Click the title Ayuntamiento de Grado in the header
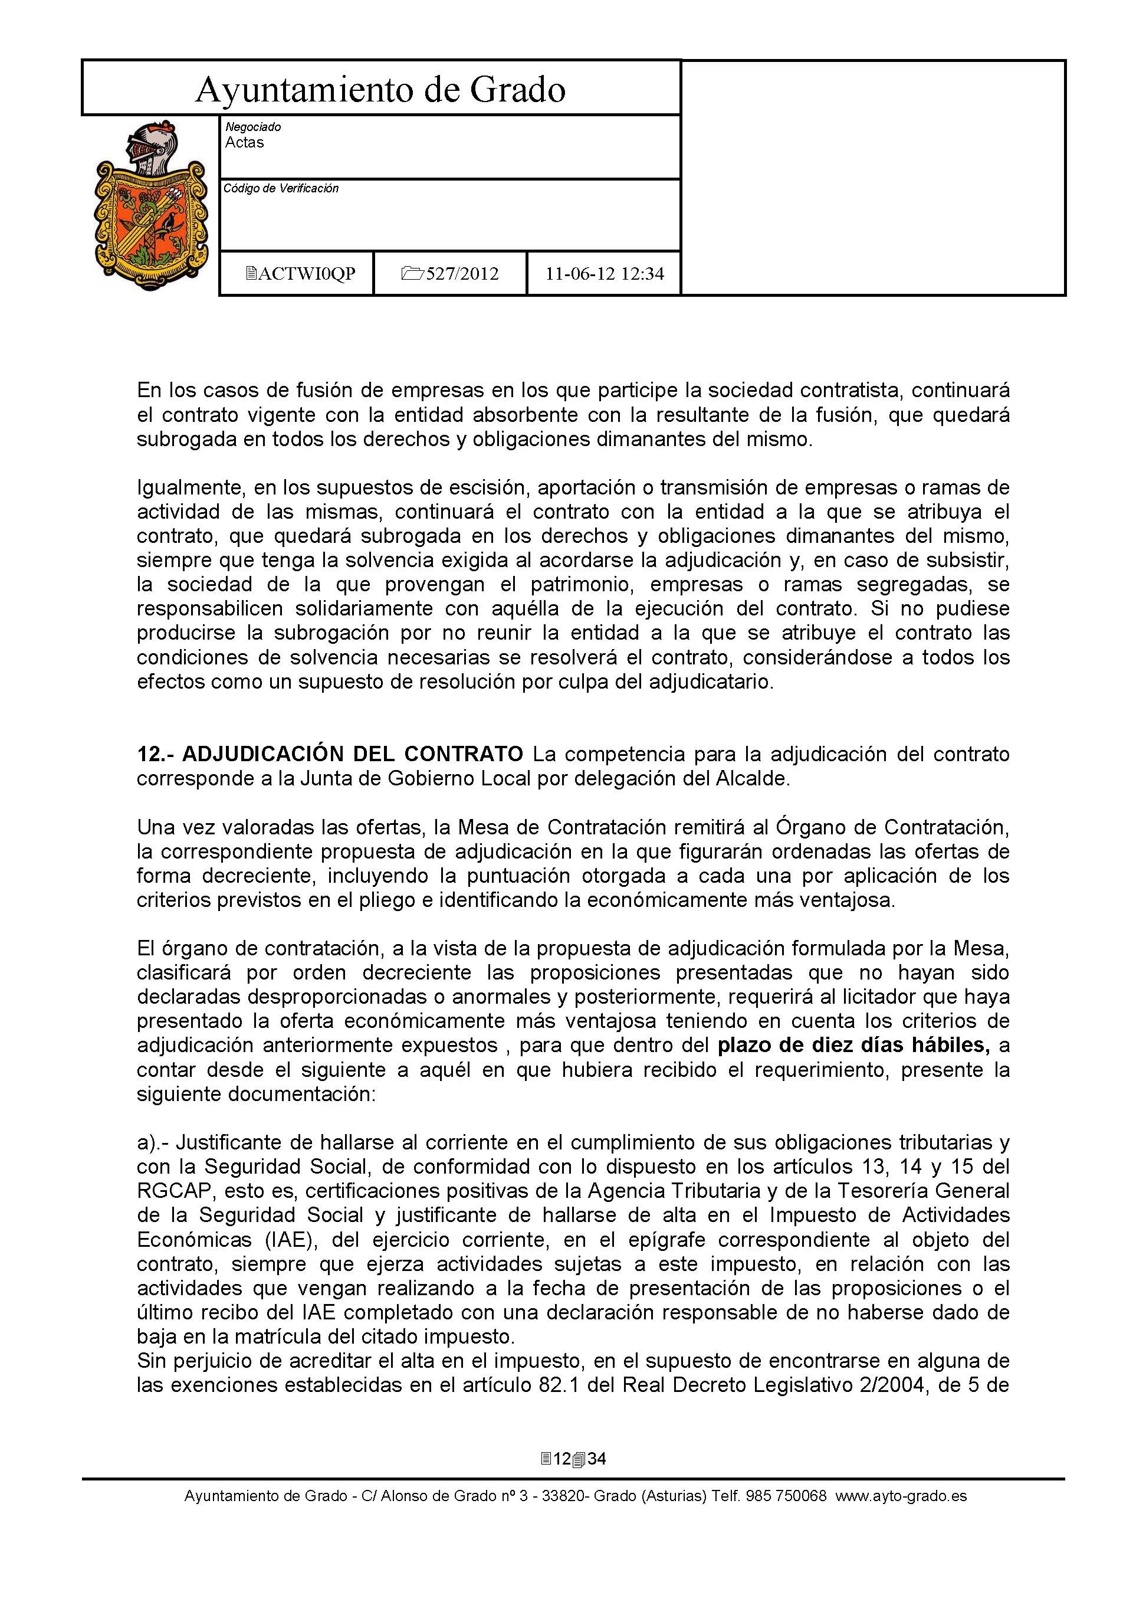click(380, 90)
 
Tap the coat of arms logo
click(150, 205)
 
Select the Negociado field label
click(252, 127)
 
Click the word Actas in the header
click(244, 143)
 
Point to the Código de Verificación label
click(281, 188)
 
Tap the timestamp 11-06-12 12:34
click(604, 274)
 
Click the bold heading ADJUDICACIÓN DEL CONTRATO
click(352, 755)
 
